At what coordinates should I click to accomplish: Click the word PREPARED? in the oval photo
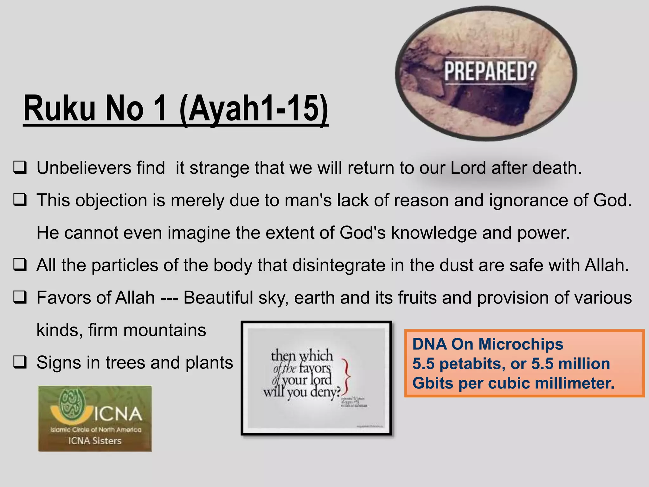[490, 71]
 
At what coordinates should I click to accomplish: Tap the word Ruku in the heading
[59, 108]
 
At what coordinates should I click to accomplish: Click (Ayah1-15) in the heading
[254, 108]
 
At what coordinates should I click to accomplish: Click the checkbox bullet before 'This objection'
[20, 200]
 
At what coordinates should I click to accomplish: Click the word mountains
[165, 330]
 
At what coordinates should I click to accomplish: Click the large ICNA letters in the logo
[118, 414]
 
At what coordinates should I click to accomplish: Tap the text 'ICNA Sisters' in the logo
[95, 441]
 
